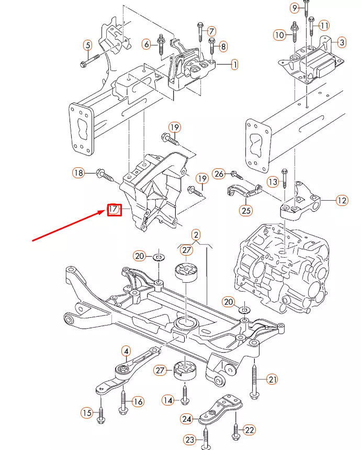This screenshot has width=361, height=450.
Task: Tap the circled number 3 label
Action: coord(341,42)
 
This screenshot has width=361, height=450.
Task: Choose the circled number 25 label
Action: coord(245,211)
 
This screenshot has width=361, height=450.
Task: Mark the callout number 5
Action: coord(87,45)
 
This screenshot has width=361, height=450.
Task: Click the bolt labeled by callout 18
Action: coord(105,176)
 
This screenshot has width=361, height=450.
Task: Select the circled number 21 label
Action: coord(272,379)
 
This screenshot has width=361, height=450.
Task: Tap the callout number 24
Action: coord(187,418)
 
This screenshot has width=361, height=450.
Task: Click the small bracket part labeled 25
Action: coord(243,191)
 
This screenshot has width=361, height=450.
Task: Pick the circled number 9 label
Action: coord(295,7)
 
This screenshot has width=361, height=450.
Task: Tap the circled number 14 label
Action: coord(167,400)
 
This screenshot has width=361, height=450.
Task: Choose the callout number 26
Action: coord(219,174)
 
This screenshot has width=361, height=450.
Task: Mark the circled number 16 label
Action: coord(138,401)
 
